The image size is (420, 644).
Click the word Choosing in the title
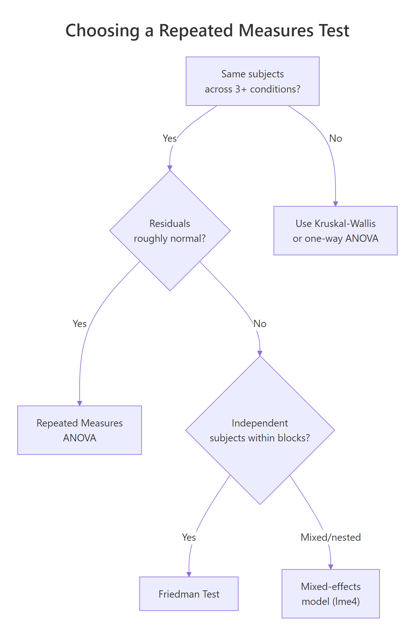pyautogui.click(x=102, y=31)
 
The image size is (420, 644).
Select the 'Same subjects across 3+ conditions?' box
pyautogui.click(x=252, y=81)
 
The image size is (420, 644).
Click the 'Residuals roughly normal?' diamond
pyautogui.click(x=170, y=231)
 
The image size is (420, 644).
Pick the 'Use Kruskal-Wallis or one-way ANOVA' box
pyautogui.click(x=335, y=231)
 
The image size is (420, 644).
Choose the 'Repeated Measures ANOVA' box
pyautogui.click(x=79, y=430)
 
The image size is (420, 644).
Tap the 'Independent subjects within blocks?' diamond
pyautogui.click(x=260, y=430)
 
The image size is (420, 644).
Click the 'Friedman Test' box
pyautogui.click(x=189, y=594)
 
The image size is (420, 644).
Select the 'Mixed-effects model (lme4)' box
pyautogui.click(x=330, y=594)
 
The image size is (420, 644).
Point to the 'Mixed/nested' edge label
pyautogui.click(x=330, y=537)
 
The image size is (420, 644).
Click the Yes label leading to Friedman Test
pyautogui.click(x=189, y=537)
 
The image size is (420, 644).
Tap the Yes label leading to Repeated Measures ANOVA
pyautogui.click(x=79, y=324)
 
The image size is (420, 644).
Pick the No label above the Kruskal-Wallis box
pyautogui.click(x=335, y=138)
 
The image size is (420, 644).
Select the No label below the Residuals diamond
pyautogui.click(x=260, y=324)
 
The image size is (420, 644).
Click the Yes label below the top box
pyautogui.click(x=170, y=138)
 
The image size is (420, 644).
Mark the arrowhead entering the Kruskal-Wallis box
pyautogui.click(x=335, y=204)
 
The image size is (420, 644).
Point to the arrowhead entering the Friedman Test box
pyautogui.click(x=189, y=574)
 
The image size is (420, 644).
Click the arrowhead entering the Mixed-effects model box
pyautogui.click(x=330, y=567)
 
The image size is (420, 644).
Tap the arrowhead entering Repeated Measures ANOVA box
pyautogui.click(x=79, y=403)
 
